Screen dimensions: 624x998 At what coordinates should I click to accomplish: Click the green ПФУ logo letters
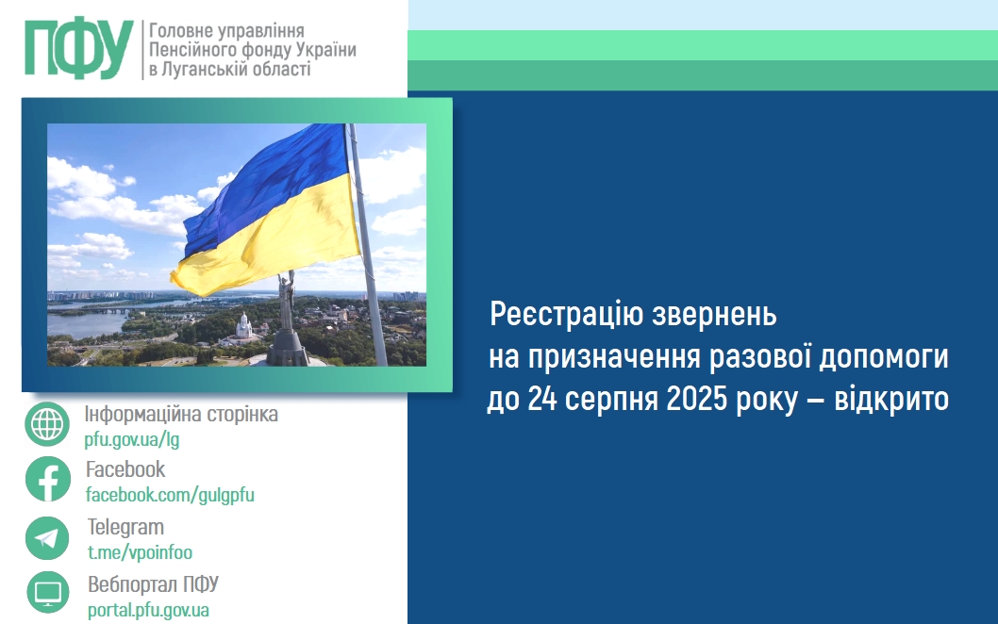(78, 48)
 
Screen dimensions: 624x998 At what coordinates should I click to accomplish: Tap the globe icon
(47, 424)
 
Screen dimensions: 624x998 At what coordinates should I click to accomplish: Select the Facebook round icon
(47, 479)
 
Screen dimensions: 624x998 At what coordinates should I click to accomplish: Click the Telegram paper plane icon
(47, 538)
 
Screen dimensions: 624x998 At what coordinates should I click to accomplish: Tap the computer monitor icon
(47, 593)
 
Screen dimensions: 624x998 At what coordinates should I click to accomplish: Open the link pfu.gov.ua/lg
(132, 439)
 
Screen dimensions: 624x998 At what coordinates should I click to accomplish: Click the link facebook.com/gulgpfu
(170, 494)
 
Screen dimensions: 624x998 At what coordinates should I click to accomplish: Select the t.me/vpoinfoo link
(140, 552)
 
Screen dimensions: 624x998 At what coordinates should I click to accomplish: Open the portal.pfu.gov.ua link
(148, 609)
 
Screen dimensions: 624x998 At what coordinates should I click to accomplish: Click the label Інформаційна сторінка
(181, 415)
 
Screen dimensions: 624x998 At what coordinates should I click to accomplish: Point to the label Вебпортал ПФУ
(153, 583)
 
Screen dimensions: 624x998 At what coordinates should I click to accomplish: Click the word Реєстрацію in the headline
(566, 314)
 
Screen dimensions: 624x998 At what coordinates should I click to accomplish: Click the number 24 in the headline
(541, 400)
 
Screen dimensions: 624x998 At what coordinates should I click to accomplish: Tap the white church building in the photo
(243, 328)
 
